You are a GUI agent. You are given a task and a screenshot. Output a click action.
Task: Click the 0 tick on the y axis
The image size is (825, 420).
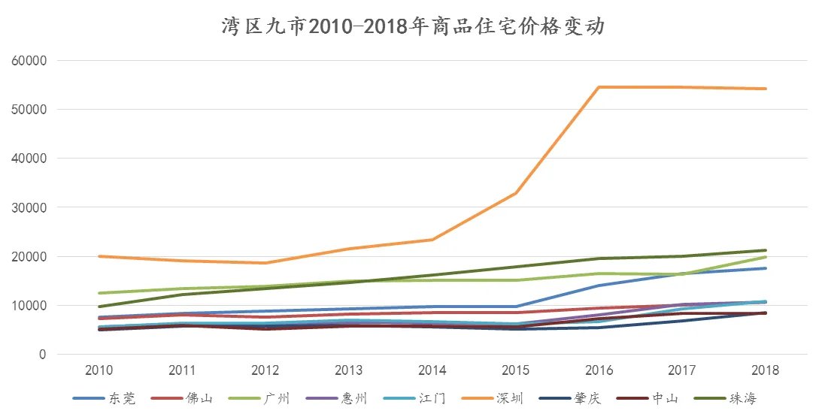(x=42, y=355)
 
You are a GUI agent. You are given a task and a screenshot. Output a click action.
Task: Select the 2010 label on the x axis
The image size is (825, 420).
(x=99, y=370)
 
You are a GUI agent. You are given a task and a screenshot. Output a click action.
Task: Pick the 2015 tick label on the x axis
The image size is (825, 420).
(x=515, y=370)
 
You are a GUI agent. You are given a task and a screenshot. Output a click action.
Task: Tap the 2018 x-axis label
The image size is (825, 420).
(x=765, y=370)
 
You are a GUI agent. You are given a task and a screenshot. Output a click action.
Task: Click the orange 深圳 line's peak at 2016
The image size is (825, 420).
(x=599, y=87)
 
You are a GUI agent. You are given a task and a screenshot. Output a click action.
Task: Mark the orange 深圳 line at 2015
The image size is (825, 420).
(x=515, y=193)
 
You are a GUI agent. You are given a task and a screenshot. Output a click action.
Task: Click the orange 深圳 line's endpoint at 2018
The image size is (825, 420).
(x=765, y=89)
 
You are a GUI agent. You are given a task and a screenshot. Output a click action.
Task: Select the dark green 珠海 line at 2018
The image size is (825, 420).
(x=765, y=250)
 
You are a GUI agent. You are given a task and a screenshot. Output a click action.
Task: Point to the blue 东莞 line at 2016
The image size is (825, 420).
(x=599, y=286)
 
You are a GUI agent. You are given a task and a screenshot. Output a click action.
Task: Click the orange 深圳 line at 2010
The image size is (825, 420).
(x=99, y=256)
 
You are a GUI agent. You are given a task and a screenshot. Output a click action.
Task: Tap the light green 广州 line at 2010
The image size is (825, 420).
(x=99, y=293)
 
